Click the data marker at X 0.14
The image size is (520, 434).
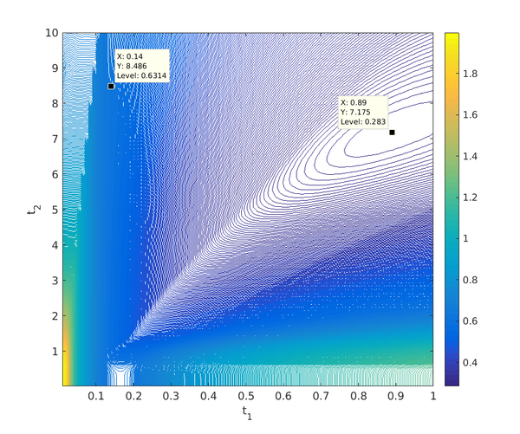[x=111, y=86]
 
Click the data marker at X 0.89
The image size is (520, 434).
[x=392, y=133]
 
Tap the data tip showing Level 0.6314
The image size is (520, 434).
[x=141, y=66]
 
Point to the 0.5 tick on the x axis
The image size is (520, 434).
[x=246, y=396]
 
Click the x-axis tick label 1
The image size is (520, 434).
[x=432, y=396]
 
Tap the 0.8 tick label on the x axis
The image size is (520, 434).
[x=358, y=396]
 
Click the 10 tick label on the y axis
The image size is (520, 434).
[x=51, y=33]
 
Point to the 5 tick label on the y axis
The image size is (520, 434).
[x=54, y=210]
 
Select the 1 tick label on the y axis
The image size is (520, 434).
[x=54, y=351]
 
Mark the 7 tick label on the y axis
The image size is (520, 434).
[x=54, y=139]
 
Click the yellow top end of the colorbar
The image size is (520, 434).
[x=452, y=36]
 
